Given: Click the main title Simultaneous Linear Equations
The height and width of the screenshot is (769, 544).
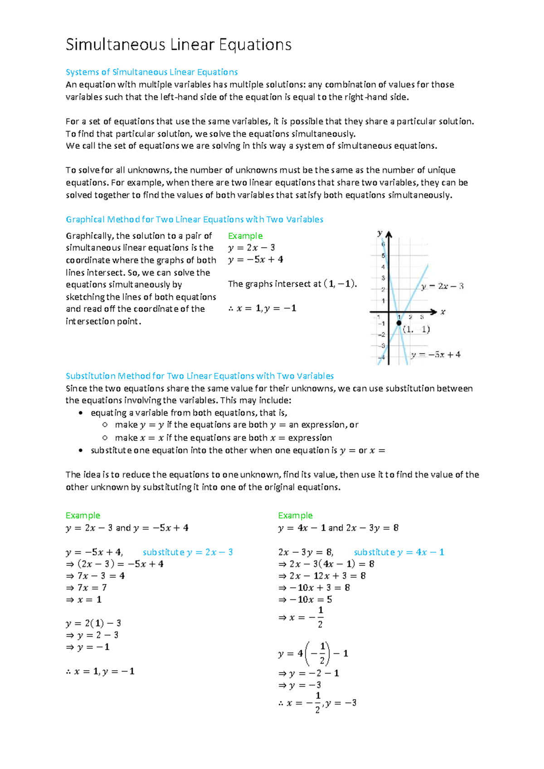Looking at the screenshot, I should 178,45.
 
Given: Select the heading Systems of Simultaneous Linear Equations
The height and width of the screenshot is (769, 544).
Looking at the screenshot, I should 151,72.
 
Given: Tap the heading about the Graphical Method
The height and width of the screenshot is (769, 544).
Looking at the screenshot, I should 194,219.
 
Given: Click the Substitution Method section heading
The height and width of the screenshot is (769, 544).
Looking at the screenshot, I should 199,376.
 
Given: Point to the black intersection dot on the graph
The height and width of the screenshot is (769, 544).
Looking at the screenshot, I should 399,323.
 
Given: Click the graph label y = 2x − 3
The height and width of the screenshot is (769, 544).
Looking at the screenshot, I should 442,286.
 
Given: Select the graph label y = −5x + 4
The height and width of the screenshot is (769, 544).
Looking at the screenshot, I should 436,355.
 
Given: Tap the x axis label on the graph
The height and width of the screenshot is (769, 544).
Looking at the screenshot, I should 443,312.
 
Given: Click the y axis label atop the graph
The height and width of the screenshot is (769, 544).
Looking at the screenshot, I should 380,233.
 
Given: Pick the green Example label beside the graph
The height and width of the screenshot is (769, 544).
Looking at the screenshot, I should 245,236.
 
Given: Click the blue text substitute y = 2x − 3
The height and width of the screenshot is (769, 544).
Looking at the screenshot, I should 188,552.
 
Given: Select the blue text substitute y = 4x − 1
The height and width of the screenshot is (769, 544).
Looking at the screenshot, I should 399,552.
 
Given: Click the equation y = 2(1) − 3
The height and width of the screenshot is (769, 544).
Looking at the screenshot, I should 93,623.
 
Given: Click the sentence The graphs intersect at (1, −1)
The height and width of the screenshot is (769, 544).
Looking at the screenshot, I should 292,284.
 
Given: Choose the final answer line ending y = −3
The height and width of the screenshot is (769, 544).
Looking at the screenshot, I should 317,703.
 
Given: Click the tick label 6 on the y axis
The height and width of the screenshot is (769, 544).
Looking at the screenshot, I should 383,244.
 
